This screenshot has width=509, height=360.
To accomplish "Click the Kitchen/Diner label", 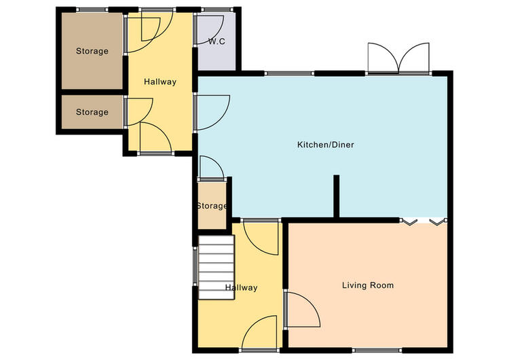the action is [325, 145].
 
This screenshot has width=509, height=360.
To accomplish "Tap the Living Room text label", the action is [368, 285].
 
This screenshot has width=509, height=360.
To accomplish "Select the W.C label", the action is [216, 41].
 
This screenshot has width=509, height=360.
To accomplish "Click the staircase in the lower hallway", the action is [216, 267].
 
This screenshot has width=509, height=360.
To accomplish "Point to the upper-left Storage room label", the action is [92, 51].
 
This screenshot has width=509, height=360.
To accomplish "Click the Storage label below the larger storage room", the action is [92, 112].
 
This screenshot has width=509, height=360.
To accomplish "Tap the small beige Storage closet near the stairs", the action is [212, 205].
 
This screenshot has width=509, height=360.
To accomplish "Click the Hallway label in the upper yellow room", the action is [160, 82].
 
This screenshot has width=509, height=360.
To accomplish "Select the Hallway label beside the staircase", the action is [241, 287].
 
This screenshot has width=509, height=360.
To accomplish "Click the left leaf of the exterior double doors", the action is [383, 58].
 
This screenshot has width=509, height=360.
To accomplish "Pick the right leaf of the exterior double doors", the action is [414, 58].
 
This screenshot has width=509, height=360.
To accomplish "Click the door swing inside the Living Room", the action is [302, 309].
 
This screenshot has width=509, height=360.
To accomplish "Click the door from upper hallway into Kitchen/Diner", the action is [212, 113].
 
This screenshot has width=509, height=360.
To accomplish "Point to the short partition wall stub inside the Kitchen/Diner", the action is [337, 196].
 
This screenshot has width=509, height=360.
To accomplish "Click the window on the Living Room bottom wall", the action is [377, 350].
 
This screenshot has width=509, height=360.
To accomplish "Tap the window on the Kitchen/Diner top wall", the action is [290, 73].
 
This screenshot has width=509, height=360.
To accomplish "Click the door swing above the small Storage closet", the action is [211, 167].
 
